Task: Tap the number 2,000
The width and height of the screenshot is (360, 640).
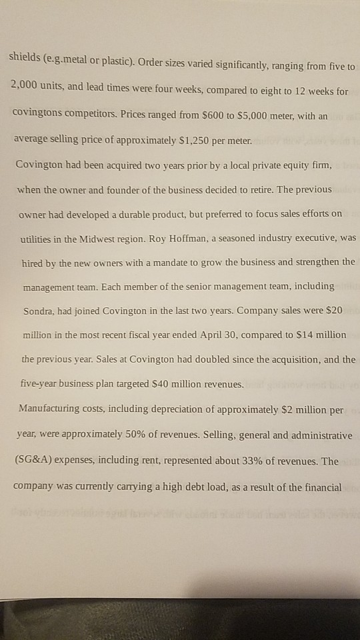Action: pyautogui.click(x=27, y=85)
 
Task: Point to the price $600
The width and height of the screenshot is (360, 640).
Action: pyautogui.click(x=185, y=115)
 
